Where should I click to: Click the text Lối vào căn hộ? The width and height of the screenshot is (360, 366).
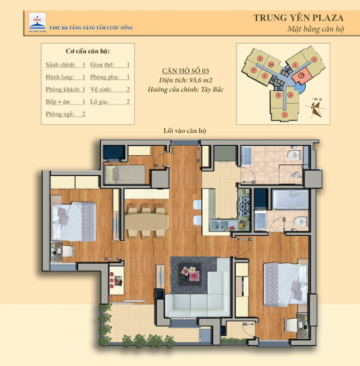[x=185, y=132]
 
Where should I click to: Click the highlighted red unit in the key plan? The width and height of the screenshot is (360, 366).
[x=303, y=74]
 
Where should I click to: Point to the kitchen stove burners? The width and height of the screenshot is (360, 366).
[x=244, y=211]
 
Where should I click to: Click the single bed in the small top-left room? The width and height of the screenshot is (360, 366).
[x=125, y=172]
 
